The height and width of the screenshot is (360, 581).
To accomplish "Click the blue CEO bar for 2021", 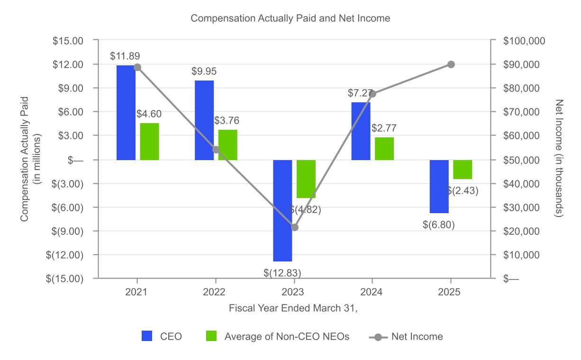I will (x=126, y=112).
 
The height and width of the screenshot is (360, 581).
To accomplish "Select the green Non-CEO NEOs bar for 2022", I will (x=228, y=144).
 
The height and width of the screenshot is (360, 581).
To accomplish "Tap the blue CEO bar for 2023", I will (x=282, y=210).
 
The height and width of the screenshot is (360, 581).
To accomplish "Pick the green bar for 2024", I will (x=384, y=148).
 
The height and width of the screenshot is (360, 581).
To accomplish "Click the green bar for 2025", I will (x=463, y=170).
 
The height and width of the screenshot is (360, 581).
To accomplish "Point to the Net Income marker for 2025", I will (x=451, y=64).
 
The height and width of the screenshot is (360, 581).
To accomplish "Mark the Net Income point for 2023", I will (x=294, y=227).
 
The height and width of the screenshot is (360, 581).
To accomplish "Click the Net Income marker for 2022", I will (x=216, y=150).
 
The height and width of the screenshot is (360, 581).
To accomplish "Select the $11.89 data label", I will (x=125, y=56).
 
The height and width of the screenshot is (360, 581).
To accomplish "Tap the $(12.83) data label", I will (x=282, y=272).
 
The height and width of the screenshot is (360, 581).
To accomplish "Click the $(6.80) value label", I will (x=439, y=225).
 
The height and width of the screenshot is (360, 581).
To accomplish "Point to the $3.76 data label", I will (x=227, y=121).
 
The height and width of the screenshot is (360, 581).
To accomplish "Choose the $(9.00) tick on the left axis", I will (x=68, y=231).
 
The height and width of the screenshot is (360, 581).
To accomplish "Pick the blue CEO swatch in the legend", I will (x=146, y=336).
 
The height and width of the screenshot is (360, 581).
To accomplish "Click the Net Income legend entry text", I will (x=417, y=336).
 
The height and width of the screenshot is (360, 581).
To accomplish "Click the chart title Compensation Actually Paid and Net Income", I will (x=290, y=18).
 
